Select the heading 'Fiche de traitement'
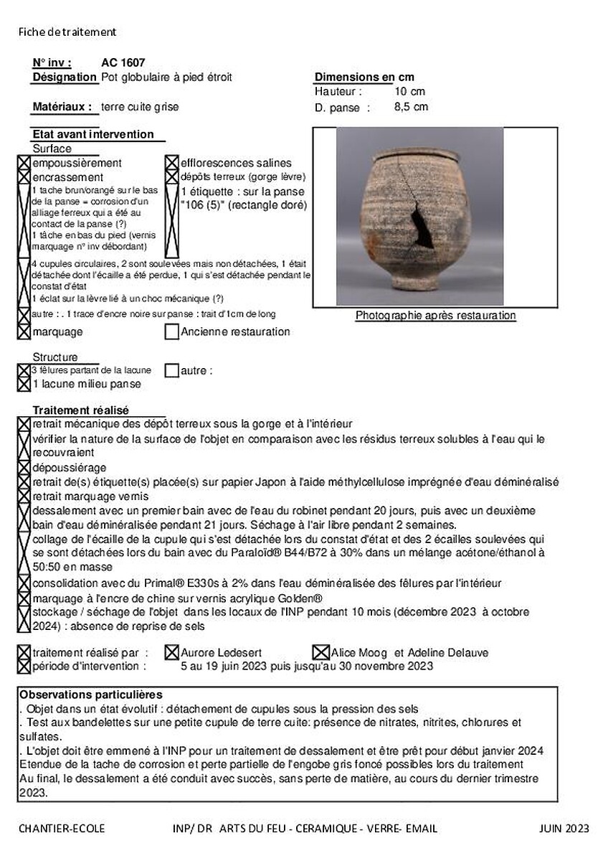click(x=67, y=32)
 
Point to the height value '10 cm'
click(x=409, y=92)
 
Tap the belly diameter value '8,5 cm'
click(x=411, y=107)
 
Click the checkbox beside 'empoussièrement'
click(x=24, y=163)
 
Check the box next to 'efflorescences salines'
click(x=172, y=163)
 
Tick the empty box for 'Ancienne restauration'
click(x=172, y=332)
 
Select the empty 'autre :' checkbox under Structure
click(x=172, y=371)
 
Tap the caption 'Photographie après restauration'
click(x=435, y=316)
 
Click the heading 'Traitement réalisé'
click(x=80, y=410)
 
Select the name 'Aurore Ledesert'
click(x=221, y=653)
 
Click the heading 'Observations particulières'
click(x=91, y=695)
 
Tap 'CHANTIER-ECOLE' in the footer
click(x=62, y=829)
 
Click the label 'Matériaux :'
click(x=63, y=107)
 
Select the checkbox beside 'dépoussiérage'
click(x=24, y=467)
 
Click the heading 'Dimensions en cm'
click(x=364, y=77)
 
